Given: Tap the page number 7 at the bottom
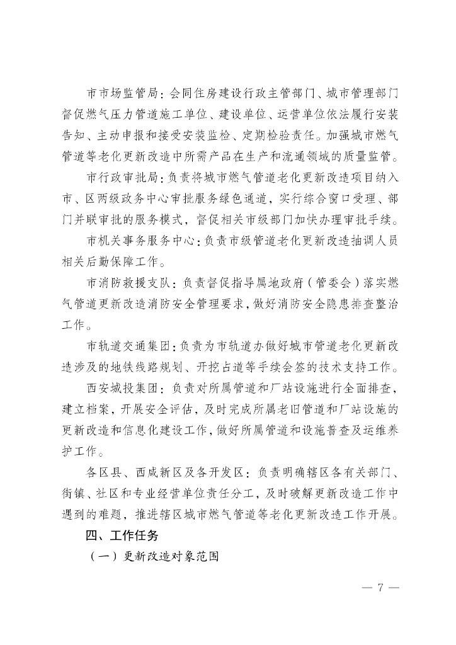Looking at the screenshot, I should pos(380,588).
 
